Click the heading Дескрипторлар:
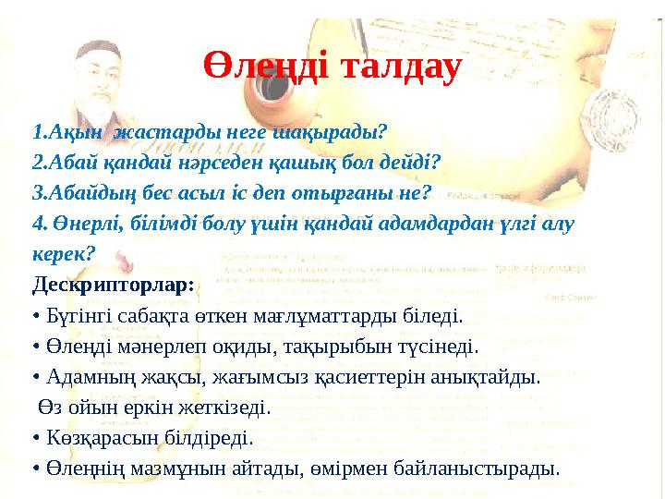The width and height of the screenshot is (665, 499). click(x=113, y=284)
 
